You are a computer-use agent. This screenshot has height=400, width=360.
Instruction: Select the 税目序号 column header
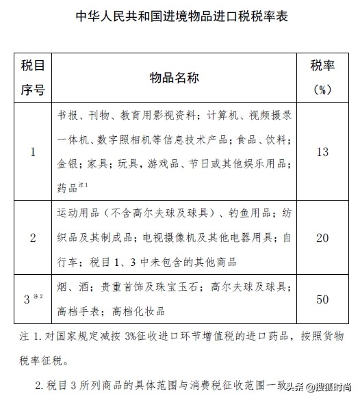coord(33,77)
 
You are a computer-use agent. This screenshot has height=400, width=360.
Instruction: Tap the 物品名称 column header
coord(174,77)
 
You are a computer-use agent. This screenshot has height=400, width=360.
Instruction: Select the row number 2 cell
coord(33,237)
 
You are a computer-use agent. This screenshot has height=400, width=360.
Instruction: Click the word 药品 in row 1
coord(67,186)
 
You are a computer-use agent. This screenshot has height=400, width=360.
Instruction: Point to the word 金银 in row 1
coord(67,163)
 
